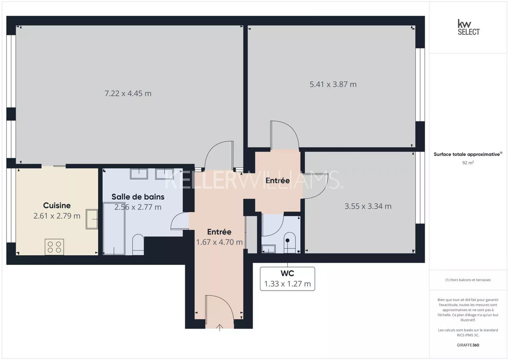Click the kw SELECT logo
468,27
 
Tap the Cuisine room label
57,205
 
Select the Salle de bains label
138,196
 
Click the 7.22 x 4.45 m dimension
128,94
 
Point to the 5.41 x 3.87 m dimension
333,84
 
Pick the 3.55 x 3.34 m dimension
368,206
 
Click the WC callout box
288,279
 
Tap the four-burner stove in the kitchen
54,246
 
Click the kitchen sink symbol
92,219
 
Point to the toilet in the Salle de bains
138,244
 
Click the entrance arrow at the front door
220,327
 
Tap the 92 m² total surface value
468,163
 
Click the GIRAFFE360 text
468,345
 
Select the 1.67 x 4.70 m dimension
219,242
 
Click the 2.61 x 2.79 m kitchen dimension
57,215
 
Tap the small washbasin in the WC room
269,249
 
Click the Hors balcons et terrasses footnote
468,280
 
